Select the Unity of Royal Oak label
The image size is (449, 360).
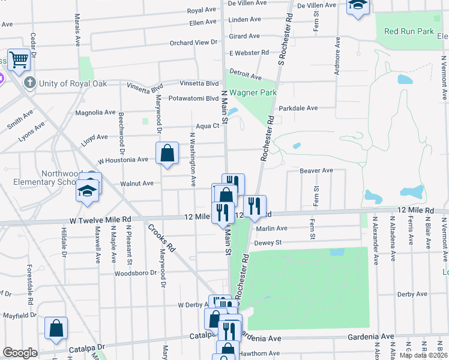point(73,83)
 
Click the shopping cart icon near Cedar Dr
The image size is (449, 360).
point(19,59)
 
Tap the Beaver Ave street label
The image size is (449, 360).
point(316,171)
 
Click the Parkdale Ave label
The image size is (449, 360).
point(298,109)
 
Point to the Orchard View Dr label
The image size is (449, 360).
point(193,43)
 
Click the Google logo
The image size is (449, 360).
point(20,353)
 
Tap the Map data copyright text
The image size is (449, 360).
point(423,355)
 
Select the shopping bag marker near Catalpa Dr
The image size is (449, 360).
point(56,328)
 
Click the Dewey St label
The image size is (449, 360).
point(268,243)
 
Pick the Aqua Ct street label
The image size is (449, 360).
point(208,126)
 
